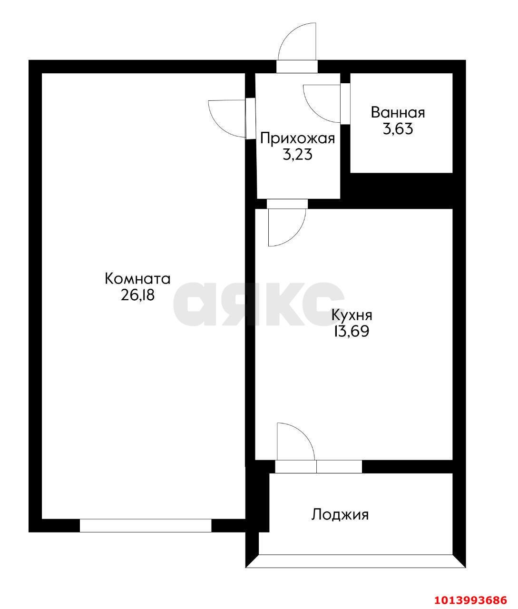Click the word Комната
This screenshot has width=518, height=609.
click(x=137, y=278)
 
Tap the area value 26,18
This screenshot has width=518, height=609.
click(x=137, y=295)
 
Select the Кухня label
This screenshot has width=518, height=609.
click(x=352, y=315)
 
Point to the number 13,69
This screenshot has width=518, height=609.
click(x=352, y=332)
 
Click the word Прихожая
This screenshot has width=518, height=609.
click(x=298, y=138)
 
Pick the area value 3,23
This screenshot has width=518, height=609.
click(x=298, y=155)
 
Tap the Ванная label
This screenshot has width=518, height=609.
click(x=398, y=113)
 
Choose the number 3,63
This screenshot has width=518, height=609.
click(x=398, y=129)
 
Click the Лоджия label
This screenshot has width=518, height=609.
click(x=340, y=515)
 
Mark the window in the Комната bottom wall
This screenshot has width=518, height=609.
click(x=146, y=525)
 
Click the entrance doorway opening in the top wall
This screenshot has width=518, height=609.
click(x=297, y=67)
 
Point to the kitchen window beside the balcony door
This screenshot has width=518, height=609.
click(x=339, y=467)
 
